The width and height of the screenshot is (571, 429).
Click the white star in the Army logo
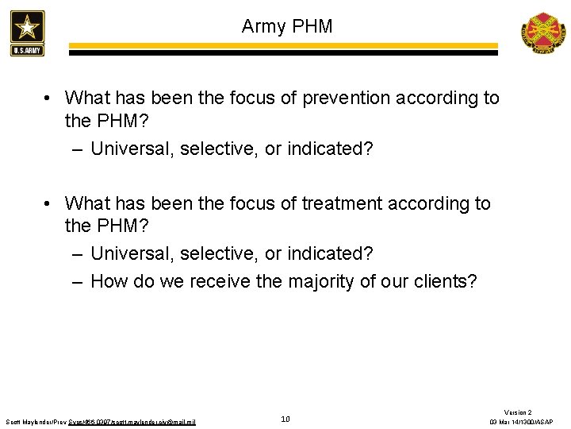pyautogui.click(x=28, y=28)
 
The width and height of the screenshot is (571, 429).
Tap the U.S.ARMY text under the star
pyautogui.click(x=28, y=50)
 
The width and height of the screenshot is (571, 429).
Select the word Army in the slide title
pyautogui.click(x=265, y=26)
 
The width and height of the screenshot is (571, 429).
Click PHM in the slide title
pyautogui.click(x=313, y=26)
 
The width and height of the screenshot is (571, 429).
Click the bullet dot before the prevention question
pyautogui.click(x=49, y=99)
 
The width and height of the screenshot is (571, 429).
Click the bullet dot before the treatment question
pyautogui.click(x=49, y=204)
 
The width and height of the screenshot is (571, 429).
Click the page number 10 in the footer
pyautogui.click(x=285, y=419)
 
